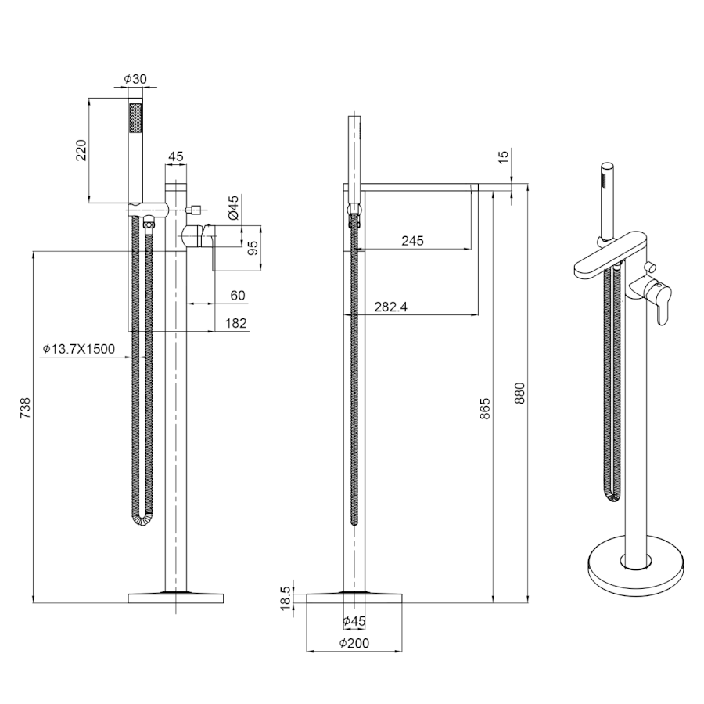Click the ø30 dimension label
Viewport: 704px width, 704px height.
pos(135,79)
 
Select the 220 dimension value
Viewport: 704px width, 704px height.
pos(81,151)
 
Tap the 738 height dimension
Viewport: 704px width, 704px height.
pos(26,408)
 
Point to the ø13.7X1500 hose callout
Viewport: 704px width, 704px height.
pos(79,348)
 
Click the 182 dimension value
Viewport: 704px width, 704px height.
pos(236,323)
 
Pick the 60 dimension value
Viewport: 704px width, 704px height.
pos(238,296)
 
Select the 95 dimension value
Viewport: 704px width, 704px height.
pos(253,248)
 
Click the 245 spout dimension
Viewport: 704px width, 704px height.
pos(412,241)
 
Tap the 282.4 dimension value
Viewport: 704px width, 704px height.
pos(391,307)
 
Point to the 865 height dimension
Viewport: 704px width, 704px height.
pos(485,408)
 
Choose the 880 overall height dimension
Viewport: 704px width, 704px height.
pos(519,393)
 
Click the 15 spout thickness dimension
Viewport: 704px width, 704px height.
pos(504,156)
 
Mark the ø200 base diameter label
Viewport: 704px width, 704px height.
pos(354,644)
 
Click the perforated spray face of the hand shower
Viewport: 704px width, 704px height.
pos(135,117)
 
